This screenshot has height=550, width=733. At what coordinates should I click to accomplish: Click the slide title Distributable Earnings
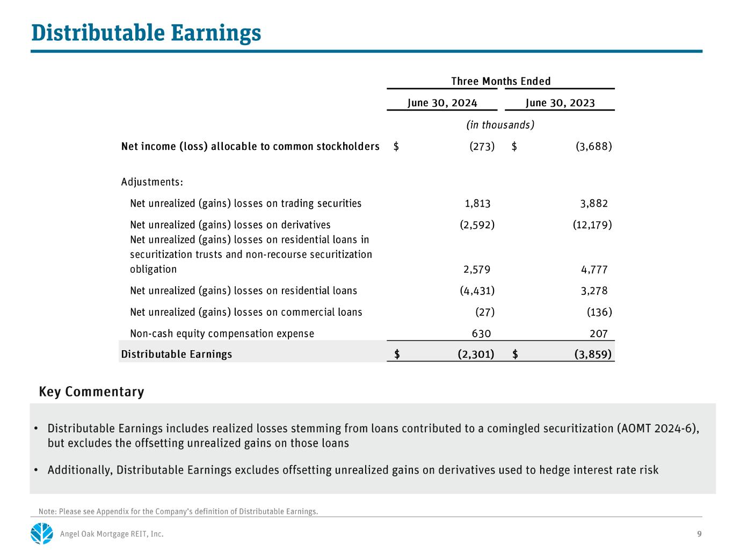[x=146, y=33]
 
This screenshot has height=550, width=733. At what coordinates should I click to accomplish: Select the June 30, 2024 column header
[x=442, y=103]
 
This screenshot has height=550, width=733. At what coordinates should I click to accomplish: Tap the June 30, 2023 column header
[x=560, y=103]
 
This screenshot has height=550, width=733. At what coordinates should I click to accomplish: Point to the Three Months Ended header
[x=500, y=81]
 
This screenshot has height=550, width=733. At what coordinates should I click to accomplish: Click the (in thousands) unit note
[x=500, y=125]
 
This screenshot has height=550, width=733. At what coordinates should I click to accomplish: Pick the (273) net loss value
[x=482, y=146]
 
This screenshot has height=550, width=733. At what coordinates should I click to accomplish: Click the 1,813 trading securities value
[x=477, y=204]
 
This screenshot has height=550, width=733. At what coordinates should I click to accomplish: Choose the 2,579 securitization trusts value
[x=477, y=270]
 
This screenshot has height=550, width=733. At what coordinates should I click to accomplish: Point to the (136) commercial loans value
[x=599, y=312]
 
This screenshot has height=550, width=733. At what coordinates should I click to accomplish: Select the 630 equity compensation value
[x=481, y=334]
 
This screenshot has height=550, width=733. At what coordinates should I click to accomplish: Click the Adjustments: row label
[x=152, y=182]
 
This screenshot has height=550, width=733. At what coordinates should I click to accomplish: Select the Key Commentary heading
[x=91, y=392]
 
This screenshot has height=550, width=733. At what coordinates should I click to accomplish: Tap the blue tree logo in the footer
[x=42, y=533]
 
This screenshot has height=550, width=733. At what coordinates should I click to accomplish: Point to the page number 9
[x=699, y=534]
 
